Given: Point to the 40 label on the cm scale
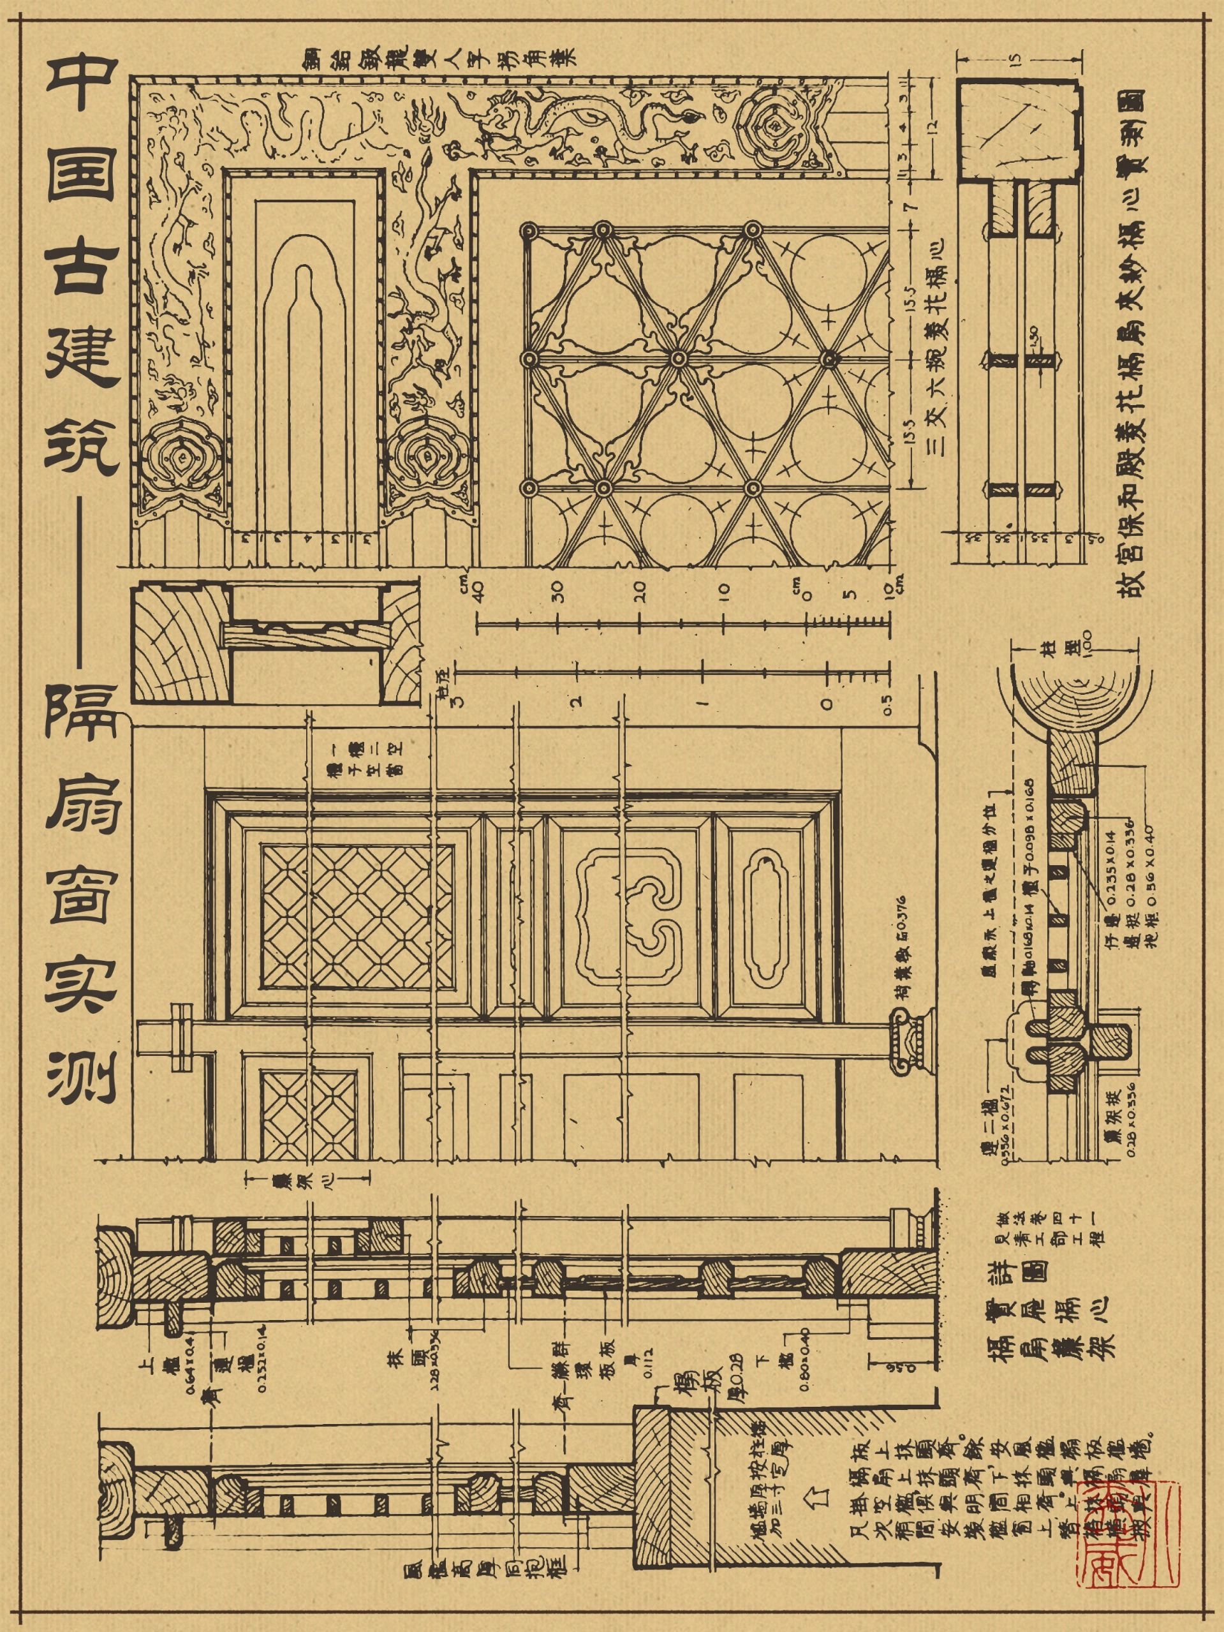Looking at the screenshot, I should [478, 590].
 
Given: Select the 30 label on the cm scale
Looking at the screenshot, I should [559, 591].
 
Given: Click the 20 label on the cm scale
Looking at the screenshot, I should [639, 591].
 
